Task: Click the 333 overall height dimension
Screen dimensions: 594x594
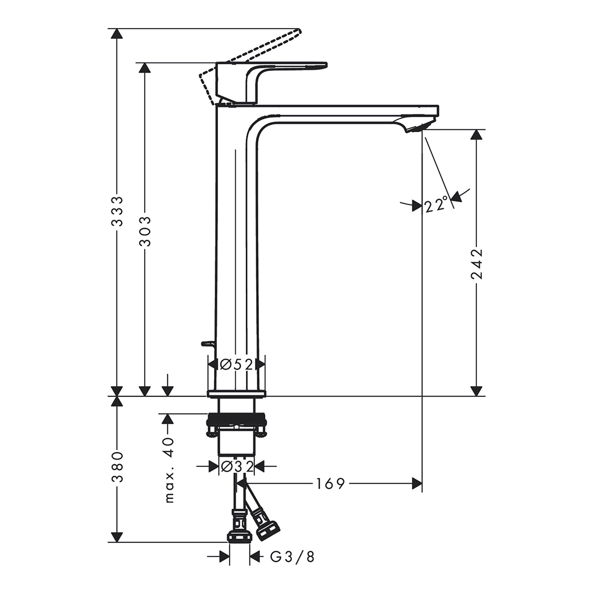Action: pyautogui.click(x=117, y=211)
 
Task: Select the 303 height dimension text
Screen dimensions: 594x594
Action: pyautogui.click(x=145, y=231)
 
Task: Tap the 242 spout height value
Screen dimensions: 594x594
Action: pyautogui.click(x=476, y=263)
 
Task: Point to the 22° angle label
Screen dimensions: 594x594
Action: pyautogui.click(x=437, y=205)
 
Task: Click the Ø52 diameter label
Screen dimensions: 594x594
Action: pyautogui.click(x=236, y=365)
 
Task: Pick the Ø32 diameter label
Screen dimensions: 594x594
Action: pyautogui.click(x=236, y=466)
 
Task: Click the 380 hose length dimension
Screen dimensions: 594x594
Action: pyautogui.click(x=117, y=467)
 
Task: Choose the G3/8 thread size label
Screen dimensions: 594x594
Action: pyautogui.click(x=293, y=557)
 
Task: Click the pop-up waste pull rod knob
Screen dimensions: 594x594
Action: pyautogui.click(x=207, y=343)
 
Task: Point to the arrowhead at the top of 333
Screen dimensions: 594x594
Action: pyautogui.click(x=117, y=34)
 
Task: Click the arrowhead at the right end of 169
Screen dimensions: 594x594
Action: pyautogui.click(x=417, y=484)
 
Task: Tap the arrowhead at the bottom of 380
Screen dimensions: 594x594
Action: pyautogui.click(x=117, y=537)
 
